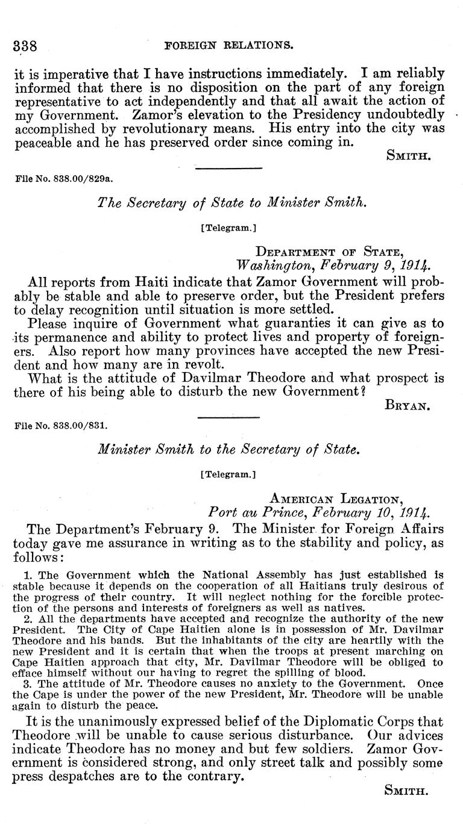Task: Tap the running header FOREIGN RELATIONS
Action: coord(229,45)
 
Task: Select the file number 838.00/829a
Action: coord(63,179)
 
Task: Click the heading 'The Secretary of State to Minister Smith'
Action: coord(231,204)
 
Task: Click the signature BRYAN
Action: coord(406,406)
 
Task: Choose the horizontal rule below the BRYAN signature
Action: coord(228,416)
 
